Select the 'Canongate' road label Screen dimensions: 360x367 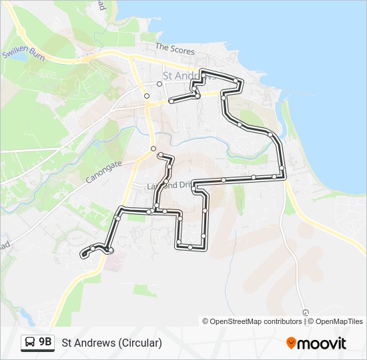[103, 171]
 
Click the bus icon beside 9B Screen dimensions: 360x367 [30, 343]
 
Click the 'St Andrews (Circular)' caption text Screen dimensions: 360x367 [111, 343]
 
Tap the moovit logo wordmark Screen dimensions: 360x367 [322, 343]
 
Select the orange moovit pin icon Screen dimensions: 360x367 [291, 343]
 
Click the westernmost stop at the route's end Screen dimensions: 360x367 [83, 254]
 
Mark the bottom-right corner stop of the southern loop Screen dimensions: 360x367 [203, 236]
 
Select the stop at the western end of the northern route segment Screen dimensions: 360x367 [171, 101]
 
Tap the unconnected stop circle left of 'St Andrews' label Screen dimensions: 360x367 [159, 84]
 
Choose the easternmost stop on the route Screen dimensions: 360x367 [282, 167]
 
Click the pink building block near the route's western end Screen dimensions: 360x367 [113, 259]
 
